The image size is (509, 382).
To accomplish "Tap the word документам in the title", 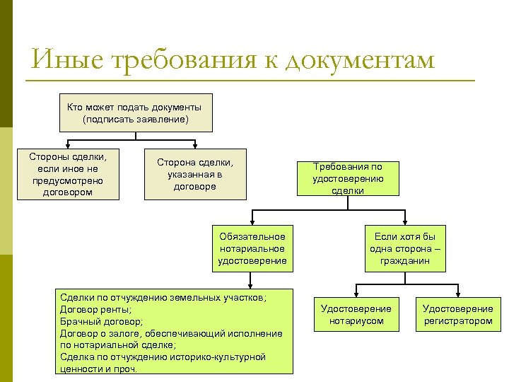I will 360,61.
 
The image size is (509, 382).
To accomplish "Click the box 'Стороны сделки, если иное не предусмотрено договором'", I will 67,174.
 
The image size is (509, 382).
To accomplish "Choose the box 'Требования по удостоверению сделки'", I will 347,178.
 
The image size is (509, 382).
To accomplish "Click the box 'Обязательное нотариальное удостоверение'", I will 252,249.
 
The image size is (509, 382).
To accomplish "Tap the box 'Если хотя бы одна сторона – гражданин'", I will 405,249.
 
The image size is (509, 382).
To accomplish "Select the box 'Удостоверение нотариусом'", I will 356,315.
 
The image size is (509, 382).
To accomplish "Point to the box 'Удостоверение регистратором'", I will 457,315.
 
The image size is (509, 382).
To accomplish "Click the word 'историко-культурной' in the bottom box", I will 220,357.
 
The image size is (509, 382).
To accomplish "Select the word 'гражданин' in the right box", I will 406,260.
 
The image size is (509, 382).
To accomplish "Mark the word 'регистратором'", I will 457,320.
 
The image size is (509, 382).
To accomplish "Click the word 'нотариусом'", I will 356,320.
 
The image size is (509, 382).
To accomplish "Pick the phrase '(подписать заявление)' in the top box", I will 134,119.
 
